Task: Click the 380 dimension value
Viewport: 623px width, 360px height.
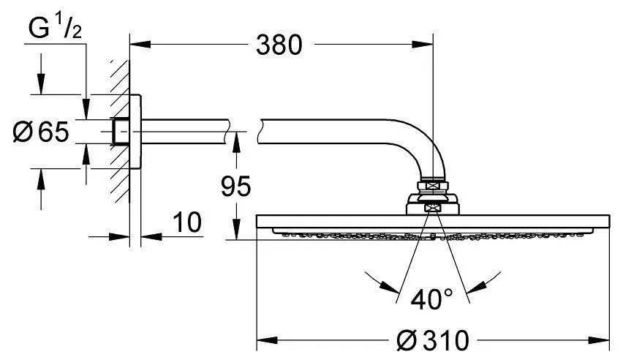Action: tap(279, 45)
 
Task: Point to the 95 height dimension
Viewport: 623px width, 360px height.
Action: tap(235, 187)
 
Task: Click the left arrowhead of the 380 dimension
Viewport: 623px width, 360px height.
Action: tap(137, 45)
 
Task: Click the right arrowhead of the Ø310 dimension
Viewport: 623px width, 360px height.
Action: tap(604, 341)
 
